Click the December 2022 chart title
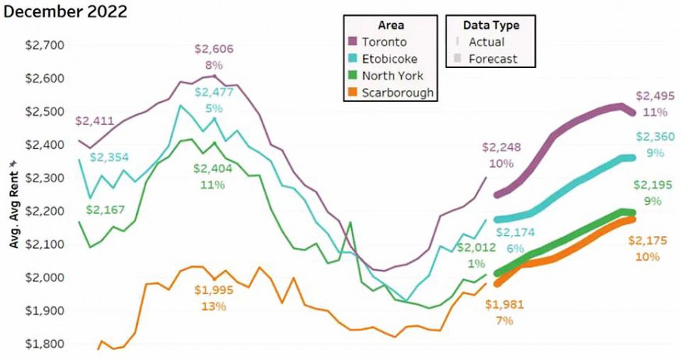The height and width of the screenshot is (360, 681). click(64, 12)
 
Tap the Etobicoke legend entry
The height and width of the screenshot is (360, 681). click(388, 58)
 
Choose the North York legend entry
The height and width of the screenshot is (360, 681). click(391, 76)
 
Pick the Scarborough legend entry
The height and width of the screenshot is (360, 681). click(397, 93)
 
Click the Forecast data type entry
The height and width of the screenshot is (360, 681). click(493, 59)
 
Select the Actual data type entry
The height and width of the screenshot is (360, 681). click(487, 42)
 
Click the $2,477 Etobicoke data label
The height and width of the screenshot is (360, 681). click(213, 92)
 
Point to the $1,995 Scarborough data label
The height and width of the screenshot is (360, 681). click(213, 290)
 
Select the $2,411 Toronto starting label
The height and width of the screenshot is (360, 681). click(95, 120)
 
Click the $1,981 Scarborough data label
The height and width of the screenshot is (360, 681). click(504, 305)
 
